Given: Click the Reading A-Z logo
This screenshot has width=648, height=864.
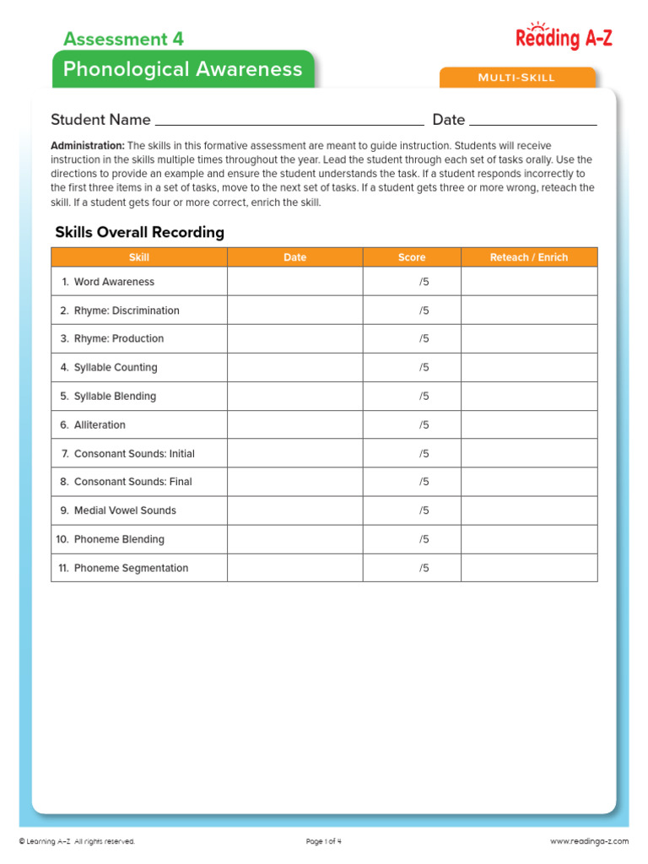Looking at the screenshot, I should tap(564, 36).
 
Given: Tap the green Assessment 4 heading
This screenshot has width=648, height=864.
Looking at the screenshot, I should tap(123, 39).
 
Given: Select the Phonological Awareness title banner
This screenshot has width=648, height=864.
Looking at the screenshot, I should tap(182, 69).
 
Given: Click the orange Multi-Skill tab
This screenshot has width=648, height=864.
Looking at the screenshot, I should tap(516, 78).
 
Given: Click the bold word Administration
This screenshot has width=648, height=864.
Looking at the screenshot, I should tap(88, 146).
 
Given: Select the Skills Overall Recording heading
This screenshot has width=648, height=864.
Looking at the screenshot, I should tap(139, 232).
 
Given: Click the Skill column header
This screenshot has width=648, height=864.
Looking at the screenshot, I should tap(139, 257).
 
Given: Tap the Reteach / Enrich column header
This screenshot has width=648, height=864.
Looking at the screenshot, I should tap(529, 257).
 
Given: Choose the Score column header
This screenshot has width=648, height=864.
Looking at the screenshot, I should tap(412, 257).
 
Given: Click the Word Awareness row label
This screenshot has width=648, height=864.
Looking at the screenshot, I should tap(114, 282).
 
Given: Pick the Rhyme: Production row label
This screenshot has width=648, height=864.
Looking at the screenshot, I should tap(118, 338).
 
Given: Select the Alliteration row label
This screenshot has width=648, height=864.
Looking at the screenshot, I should tap(100, 424).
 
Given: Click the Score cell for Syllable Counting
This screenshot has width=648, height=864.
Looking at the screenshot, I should tap(412, 367).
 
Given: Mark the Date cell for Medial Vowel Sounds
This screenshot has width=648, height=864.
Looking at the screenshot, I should tap(294, 510).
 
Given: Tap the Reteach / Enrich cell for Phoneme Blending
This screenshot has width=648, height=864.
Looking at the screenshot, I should tap(529, 539).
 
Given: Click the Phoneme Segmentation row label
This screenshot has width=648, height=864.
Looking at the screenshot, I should tap(131, 568).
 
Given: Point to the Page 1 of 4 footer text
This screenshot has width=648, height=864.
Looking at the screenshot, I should tap(323, 841).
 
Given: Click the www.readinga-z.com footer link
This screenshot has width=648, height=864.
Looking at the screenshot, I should tap(589, 841).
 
